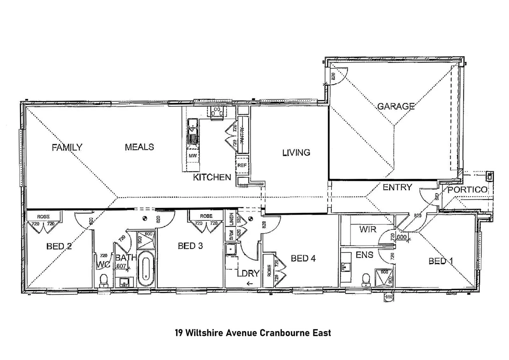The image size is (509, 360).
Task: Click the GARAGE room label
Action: coord(396,106)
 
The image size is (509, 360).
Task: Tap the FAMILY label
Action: coord(67,147)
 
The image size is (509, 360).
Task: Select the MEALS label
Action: coord(139,147)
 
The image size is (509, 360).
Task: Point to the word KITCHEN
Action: coord(212,177)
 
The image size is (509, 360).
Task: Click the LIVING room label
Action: coord(296,153)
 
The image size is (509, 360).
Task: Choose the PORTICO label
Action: coord(467,190)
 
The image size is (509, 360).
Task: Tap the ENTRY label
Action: coord(397,187)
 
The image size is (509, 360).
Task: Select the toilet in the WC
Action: coord(104,280)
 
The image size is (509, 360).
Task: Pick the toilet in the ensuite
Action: coord(366,279)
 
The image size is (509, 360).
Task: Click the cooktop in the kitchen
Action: coord(218,112)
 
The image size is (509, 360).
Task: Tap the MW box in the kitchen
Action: coord(193,156)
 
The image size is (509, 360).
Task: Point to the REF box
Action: coord(242,165)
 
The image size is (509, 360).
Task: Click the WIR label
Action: coord(367,229)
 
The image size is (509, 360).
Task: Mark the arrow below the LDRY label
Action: coord(250,284)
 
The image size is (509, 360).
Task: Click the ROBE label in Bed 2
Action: coord(43,217)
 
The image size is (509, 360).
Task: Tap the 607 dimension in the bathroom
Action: coord(121,266)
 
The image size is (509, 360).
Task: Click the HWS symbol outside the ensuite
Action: coord(389,297)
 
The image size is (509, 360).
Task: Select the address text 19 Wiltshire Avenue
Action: coord(216,333)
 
